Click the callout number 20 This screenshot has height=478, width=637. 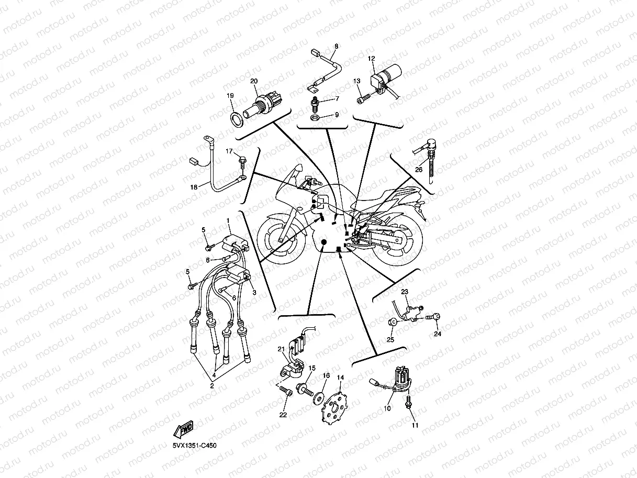click(x=254, y=81)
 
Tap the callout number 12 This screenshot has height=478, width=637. click(x=372, y=59)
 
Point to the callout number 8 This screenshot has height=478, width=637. click(x=336, y=46)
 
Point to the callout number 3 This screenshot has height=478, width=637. click(x=254, y=293)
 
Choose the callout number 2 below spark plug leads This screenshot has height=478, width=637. click(x=212, y=385)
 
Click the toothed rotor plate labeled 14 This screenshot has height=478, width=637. click(x=333, y=409)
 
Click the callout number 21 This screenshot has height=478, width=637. click(x=281, y=349)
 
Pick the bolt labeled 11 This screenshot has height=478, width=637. click(x=409, y=402)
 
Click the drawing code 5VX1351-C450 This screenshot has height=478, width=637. click(x=194, y=446)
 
